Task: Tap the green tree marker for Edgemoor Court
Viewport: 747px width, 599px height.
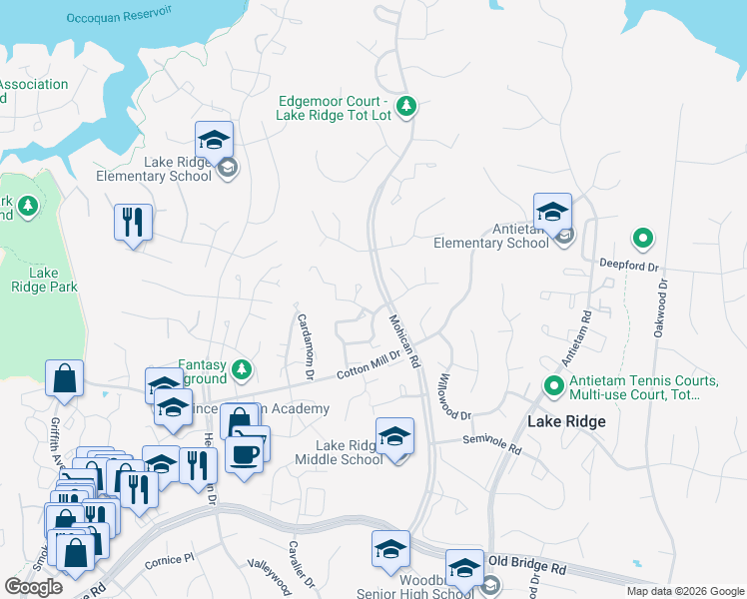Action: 405,106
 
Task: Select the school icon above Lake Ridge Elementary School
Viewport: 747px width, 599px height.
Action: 214,140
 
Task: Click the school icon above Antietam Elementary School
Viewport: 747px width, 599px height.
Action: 552,212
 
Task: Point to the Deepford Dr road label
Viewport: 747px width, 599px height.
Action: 630,267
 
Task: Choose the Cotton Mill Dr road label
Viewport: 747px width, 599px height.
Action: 368,362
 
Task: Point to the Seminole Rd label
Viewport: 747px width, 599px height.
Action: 492,444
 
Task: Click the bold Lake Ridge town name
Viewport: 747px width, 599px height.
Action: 566,421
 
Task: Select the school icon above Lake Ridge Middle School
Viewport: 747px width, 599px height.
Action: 395,436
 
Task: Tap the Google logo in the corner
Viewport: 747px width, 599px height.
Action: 34,587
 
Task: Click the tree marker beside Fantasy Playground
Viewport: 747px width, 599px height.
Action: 241,371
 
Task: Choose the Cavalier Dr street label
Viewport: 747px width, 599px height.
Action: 302,565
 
